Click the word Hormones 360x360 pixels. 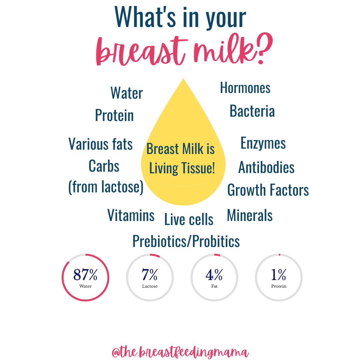point(245,88)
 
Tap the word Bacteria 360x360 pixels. point(252,111)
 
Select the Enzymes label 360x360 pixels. point(263,143)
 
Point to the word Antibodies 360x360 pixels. point(266,167)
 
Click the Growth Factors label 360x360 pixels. point(268,190)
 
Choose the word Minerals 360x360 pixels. point(250,215)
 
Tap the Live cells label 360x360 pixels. point(189,219)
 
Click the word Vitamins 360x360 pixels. point(131,215)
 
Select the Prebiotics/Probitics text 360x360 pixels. point(186,241)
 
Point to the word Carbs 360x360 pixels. point(104,166)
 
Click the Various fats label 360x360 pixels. point(101,144)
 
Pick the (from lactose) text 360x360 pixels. point(106,187)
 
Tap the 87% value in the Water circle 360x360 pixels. point(85,275)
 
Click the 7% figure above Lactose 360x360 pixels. point(150,275)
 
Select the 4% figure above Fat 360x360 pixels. point(214,275)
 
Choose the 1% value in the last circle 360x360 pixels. point(278,275)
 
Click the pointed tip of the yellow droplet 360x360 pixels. point(183,79)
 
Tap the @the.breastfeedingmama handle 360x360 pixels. point(180,352)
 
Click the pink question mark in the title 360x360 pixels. point(264,48)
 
